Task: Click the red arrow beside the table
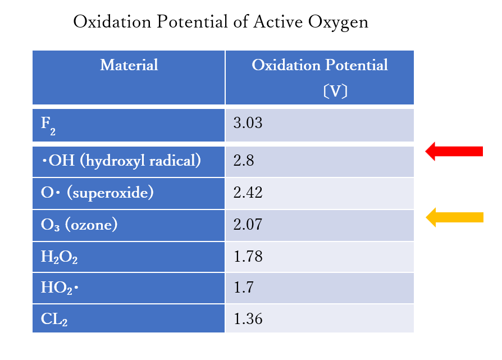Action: pos(454,151)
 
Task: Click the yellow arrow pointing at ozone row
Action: pos(455,217)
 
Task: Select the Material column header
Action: pos(129,65)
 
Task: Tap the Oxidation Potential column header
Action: pos(320,65)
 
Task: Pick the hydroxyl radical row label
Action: pos(121,161)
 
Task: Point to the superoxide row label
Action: pos(97,193)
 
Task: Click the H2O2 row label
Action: pos(59,257)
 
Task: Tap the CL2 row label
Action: pos(54,320)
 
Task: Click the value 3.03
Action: pos(248,123)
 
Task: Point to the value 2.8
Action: pos(244,161)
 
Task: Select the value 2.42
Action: pos(248,193)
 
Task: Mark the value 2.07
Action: pos(248,225)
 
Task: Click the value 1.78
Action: pos(248,257)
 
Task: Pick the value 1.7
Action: pos(244,289)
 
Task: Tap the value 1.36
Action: pos(248,320)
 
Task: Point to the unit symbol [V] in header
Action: pos(335,91)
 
